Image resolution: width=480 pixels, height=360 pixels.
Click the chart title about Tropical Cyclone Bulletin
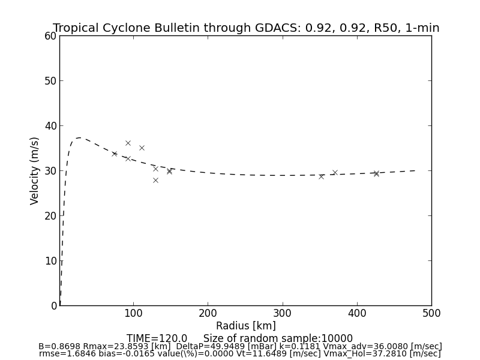(246, 28)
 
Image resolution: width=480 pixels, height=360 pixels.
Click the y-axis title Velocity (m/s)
(35, 170)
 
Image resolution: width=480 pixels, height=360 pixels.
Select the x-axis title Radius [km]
(246, 326)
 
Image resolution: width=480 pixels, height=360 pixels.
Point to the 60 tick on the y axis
(50, 36)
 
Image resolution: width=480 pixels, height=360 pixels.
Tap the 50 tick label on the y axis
(50, 81)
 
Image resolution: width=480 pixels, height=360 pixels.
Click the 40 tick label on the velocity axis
(50, 126)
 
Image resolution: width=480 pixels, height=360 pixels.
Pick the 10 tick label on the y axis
(50, 261)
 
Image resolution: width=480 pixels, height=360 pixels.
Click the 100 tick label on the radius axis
(133, 313)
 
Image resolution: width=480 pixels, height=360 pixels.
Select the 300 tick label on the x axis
(282, 313)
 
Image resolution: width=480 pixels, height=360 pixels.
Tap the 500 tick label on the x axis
(431, 313)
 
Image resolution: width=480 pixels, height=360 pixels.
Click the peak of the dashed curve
(79, 138)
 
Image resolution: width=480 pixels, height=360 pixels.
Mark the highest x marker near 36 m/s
(128, 143)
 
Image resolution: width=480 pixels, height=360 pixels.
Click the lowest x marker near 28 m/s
(155, 180)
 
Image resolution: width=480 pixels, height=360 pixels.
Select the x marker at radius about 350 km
(321, 176)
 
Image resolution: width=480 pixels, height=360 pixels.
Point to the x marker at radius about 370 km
(335, 172)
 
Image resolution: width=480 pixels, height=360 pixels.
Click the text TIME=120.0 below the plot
(157, 338)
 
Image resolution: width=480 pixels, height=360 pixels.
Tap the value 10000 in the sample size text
(337, 338)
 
